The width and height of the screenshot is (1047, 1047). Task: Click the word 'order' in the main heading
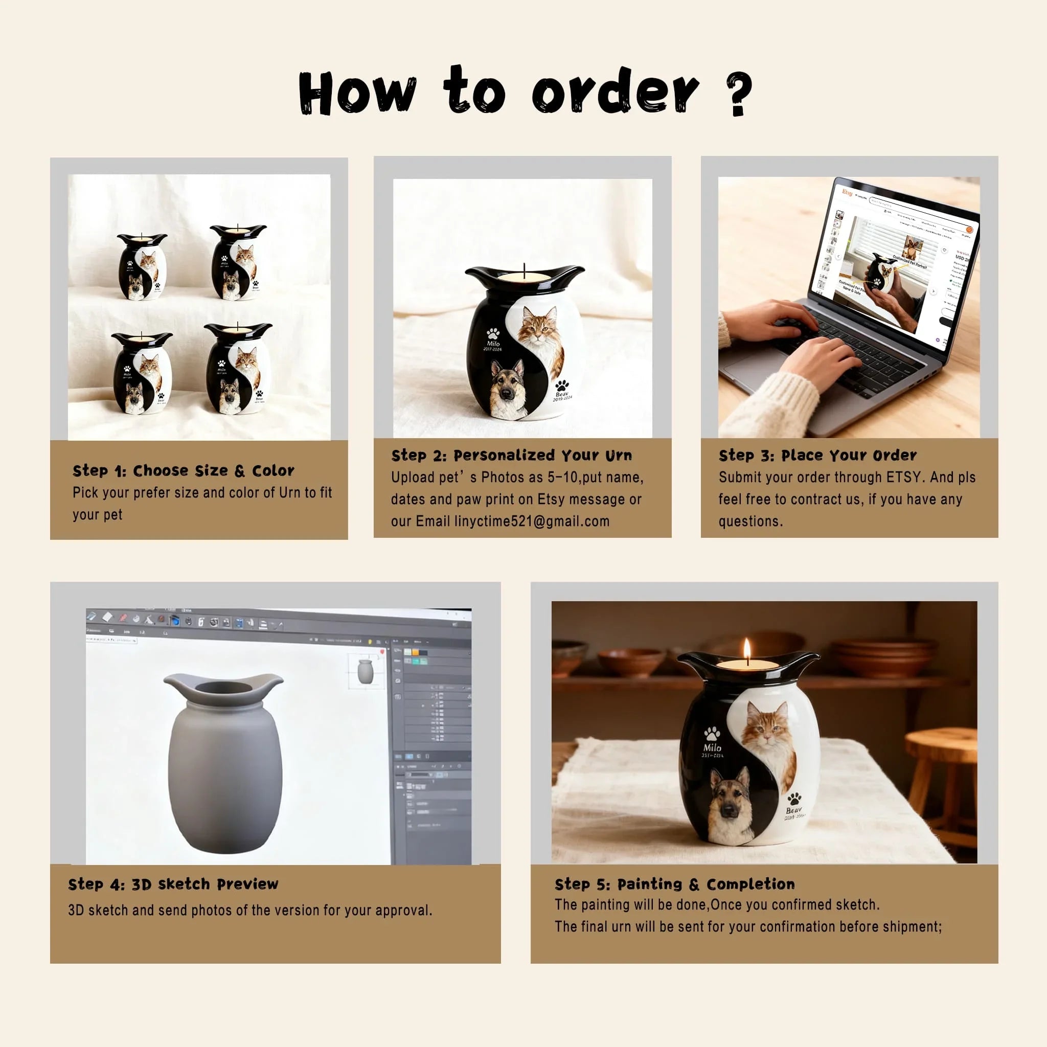(616, 92)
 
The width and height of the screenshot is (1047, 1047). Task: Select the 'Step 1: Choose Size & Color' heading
(183, 470)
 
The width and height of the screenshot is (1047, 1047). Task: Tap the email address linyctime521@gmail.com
(532, 521)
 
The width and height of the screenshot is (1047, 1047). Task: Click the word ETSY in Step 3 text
(904, 477)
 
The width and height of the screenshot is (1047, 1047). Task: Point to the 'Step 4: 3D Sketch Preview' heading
(173, 884)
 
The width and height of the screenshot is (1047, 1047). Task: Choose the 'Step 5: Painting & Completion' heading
(675, 884)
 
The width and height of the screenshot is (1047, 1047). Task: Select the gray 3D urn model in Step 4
(224, 764)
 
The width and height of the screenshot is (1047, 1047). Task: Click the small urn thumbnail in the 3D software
(365, 671)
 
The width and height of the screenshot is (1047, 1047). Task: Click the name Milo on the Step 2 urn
(493, 344)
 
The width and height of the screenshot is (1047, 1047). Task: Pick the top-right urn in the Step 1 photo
(238, 263)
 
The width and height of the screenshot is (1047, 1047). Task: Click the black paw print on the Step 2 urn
(562, 386)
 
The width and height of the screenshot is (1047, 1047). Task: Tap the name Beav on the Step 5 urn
(793, 810)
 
